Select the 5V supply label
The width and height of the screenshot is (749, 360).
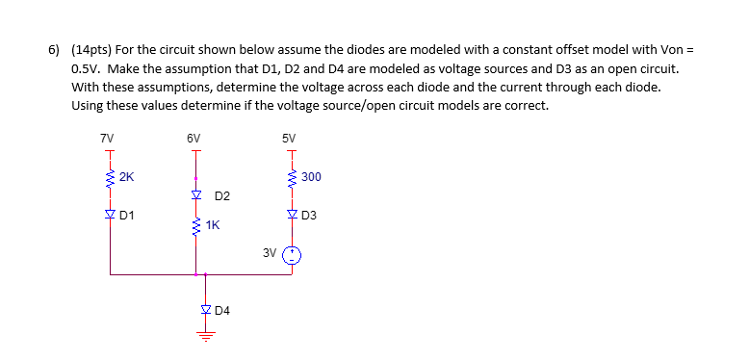(x=289, y=138)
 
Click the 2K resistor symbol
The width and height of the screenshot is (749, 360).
(x=110, y=177)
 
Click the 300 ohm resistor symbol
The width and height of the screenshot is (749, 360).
(x=292, y=177)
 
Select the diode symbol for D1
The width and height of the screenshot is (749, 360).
(x=110, y=214)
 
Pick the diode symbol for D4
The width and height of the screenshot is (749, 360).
(x=205, y=310)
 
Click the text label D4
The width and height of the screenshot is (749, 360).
(x=223, y=310)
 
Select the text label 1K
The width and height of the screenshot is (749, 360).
(x=213, y=225)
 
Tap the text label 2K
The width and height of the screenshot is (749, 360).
(x=127, y=177)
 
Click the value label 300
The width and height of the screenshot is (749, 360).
(x=311, y=177)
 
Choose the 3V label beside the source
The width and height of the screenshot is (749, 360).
(x=270, y=252)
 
